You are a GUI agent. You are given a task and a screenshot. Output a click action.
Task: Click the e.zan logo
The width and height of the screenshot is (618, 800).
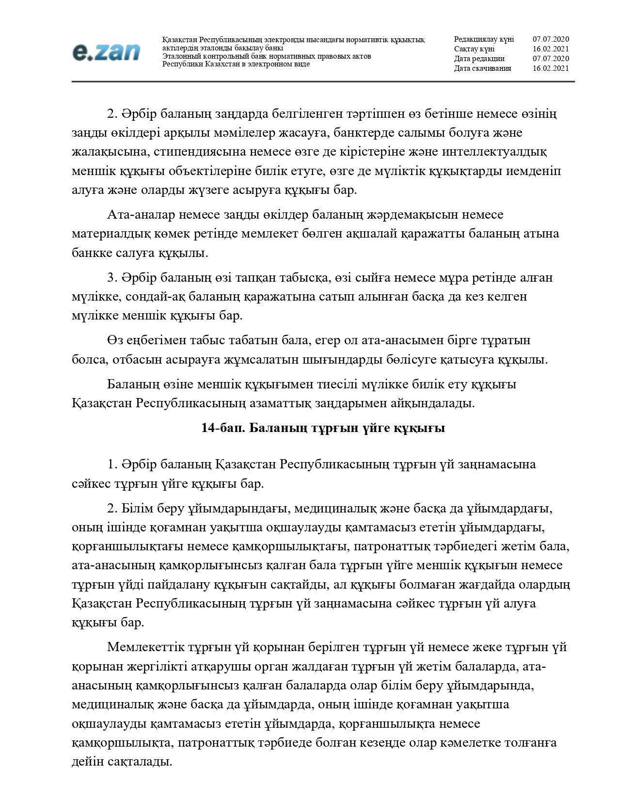106,52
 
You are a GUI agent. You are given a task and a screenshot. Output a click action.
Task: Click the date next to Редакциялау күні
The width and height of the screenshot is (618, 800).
551,39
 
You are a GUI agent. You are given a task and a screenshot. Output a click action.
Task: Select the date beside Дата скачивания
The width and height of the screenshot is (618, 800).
551,68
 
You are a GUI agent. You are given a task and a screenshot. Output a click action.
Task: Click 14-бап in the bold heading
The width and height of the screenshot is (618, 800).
222,429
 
